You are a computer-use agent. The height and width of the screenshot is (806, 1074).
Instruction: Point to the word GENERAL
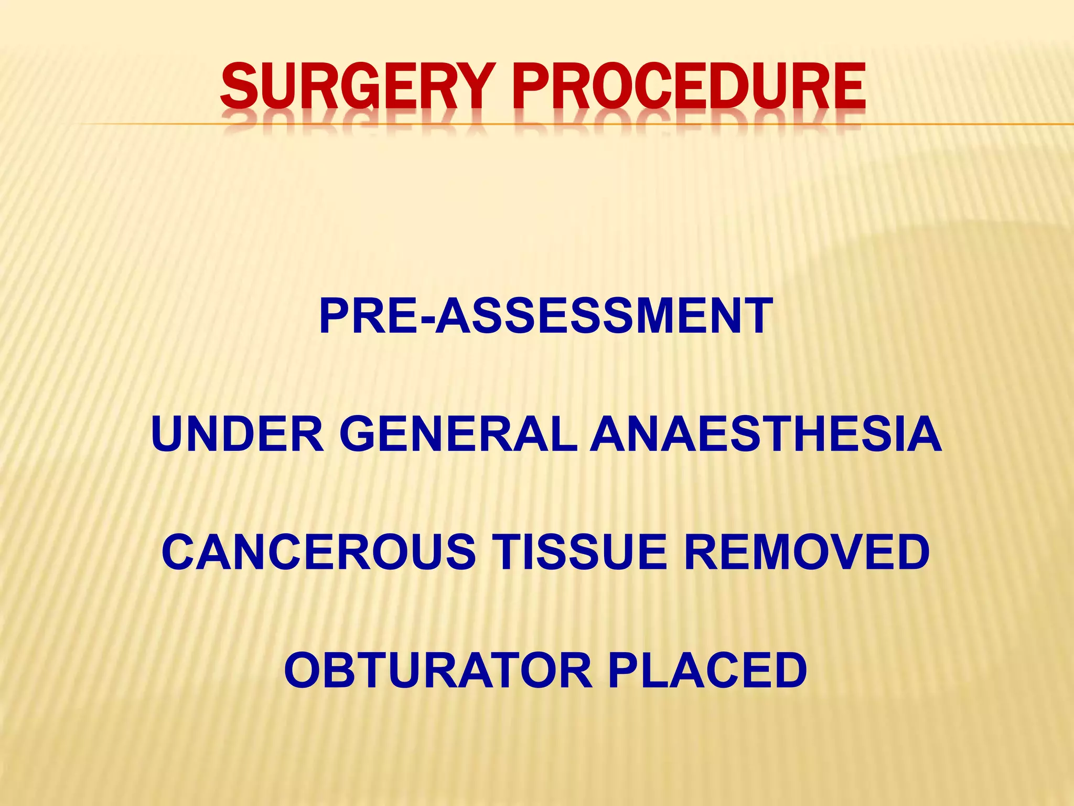click(x=459, y=434)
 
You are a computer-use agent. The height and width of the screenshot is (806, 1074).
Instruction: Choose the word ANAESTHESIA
click(x=766, y=434)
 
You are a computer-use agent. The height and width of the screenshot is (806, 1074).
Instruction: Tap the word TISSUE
click(x=582, y=552)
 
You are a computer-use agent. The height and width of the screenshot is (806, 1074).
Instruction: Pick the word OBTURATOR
click(x=438, y=670)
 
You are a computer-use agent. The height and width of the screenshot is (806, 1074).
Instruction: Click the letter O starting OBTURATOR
click(x=305, y=670)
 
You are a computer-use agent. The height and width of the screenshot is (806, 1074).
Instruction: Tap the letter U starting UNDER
click(x=170, y=434)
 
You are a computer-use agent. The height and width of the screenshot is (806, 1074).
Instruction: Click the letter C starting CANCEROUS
click(x=181, y=552)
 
